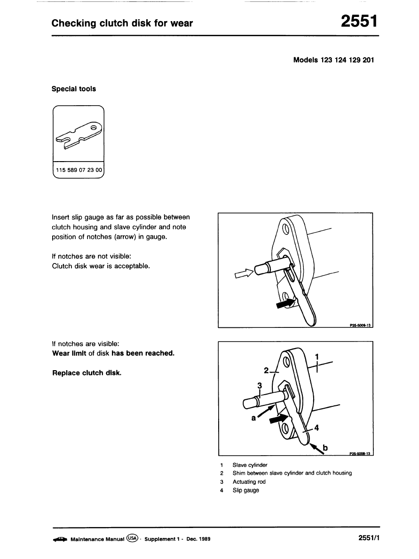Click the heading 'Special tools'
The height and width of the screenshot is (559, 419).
[73, 89]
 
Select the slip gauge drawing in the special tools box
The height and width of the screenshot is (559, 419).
[79, 137]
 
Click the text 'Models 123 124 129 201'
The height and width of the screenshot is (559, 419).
[333, 60]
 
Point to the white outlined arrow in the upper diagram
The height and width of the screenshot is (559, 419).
[243, 274]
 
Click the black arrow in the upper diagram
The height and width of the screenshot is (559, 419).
[286, 303]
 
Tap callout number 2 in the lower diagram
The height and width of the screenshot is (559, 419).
[266, 370]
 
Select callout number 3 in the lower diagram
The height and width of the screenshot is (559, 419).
[259, 386]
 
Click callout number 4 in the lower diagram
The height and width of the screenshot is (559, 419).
[316, 427]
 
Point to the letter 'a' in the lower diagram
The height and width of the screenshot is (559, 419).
[253, 418]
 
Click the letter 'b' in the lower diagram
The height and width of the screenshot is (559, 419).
[325, 448]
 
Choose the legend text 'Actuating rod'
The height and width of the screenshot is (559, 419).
[249, 482]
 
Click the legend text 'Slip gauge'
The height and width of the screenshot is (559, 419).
[245, 490]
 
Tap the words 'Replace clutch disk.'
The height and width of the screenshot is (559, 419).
[87, 373]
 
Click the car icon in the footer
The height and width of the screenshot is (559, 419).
[60, 539]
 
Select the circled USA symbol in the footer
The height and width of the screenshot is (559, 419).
[133, 539]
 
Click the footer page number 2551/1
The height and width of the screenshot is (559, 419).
[368, 538]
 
